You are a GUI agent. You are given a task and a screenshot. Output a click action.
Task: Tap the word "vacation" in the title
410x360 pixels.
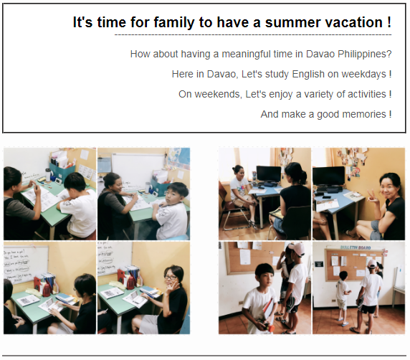click(353, 22)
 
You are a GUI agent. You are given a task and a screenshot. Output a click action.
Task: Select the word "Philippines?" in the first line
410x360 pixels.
click(364, 55)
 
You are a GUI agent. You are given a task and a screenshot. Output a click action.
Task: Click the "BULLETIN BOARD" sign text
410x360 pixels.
click(356, 247)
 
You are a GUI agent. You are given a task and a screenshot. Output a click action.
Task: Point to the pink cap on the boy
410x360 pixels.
click(297, 248)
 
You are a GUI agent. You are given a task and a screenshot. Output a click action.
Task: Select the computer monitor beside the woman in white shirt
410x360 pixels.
click(268, 174)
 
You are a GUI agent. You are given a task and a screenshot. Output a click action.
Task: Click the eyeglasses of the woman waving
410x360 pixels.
click(171, 278)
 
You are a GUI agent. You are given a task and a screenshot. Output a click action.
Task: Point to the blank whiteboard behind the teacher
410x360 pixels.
click(138, 167)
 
